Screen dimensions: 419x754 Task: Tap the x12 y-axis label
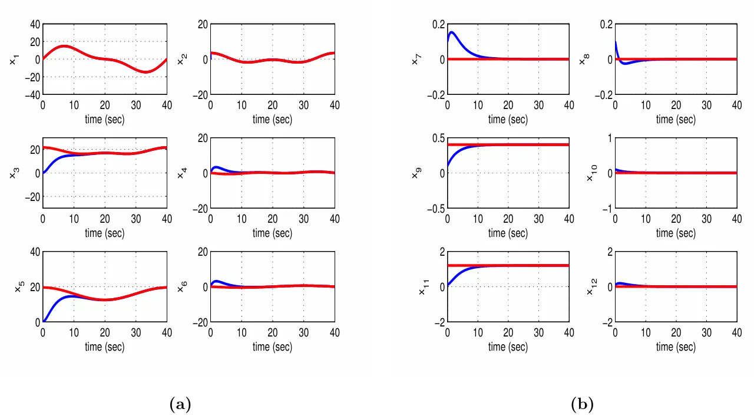point(589,287)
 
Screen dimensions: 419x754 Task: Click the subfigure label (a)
point(180,404)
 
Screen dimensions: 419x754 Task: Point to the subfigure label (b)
point(582,404)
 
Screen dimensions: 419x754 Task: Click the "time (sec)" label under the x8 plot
point(676,120)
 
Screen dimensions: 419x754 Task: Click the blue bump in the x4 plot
point(217,167)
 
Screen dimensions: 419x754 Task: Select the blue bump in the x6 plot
point(217,281)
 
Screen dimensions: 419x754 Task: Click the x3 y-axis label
point(14,173)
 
